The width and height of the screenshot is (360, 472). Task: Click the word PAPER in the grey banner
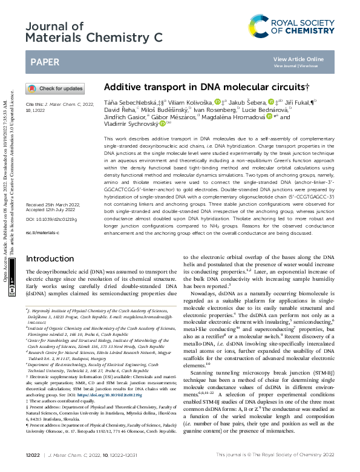[45, 62]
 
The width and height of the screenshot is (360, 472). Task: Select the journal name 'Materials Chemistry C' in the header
[95, 38]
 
